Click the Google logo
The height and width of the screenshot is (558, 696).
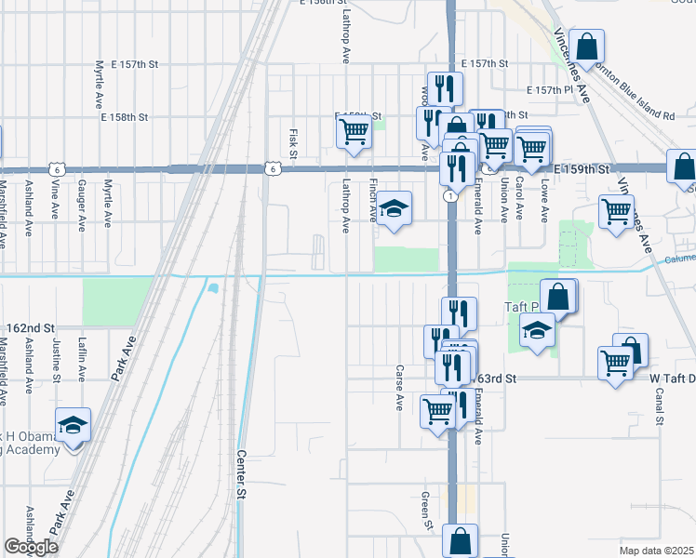(31, 547)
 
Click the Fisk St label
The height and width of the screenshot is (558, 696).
(292, 143)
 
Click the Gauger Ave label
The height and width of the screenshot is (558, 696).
(83, 206)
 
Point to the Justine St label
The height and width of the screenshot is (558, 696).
(57, 360)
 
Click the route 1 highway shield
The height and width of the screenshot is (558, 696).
(450, 196)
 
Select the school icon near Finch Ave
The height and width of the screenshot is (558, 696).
(395, 209)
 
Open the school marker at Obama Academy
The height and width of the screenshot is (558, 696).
(74, 424)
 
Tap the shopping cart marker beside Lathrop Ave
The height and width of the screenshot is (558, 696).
(354, 131)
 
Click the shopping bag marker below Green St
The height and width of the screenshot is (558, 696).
(461, 540)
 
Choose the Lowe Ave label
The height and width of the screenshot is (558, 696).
(544, 200)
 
